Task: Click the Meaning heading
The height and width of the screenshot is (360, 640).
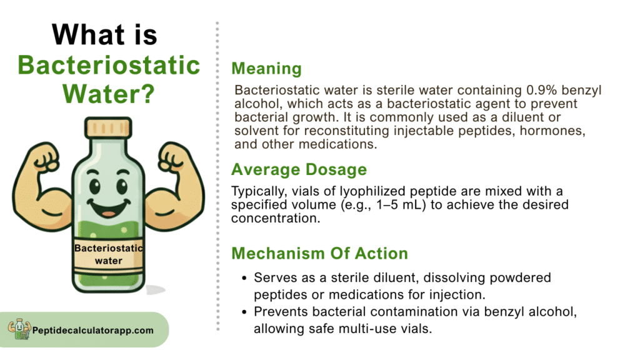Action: click(x=266, y=69)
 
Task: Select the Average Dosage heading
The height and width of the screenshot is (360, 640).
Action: click(x=299, y=169)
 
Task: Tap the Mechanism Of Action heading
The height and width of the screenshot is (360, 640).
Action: click(x=319, y=254)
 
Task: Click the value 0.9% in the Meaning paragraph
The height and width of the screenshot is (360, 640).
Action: click(x=542, y=90)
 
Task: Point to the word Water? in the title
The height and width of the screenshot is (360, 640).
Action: click(x=109, y=94)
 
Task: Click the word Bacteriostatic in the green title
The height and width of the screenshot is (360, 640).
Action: click(x=109, y=65)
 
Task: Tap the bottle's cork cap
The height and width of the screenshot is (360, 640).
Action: click(x=108, y=127)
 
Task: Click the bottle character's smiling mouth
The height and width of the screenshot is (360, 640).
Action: click(x=109, y=208)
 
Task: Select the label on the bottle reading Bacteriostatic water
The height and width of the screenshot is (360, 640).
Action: click(x=109, y=254)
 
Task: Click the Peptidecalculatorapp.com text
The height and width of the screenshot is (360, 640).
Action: click(x=93, y=330)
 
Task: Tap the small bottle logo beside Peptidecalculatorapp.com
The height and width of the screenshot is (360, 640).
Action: click(x=19, y=329)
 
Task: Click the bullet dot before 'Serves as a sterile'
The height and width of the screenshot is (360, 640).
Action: click(x=244, y=278)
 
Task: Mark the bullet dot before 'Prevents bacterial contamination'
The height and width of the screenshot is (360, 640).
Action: click(x=244, y=312)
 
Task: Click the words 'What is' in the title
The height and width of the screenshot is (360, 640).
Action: click(x=104, y=34)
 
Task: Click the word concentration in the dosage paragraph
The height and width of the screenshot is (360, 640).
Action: click(x=276, y=218)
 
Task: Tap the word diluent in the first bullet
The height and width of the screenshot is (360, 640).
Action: click(x=393, y=277)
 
